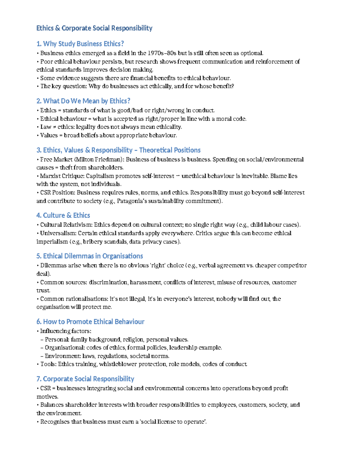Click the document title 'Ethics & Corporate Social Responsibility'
pyautogui.click(x=94, y=28)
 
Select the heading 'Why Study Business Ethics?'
pyautogui.click(x=83, y=44)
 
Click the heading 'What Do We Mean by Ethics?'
pyautogui.click(x=86, y=101)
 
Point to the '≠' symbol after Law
pyautogui.click(x=54, y=127)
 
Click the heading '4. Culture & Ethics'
pyautogui.click(x=63, y=215)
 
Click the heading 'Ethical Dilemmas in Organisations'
pyautogui.click(x=93, y=256)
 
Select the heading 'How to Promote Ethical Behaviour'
pyautogui.click(x=94, y=322)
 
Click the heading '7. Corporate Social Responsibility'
pyautogui.click(x=85, y=379)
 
